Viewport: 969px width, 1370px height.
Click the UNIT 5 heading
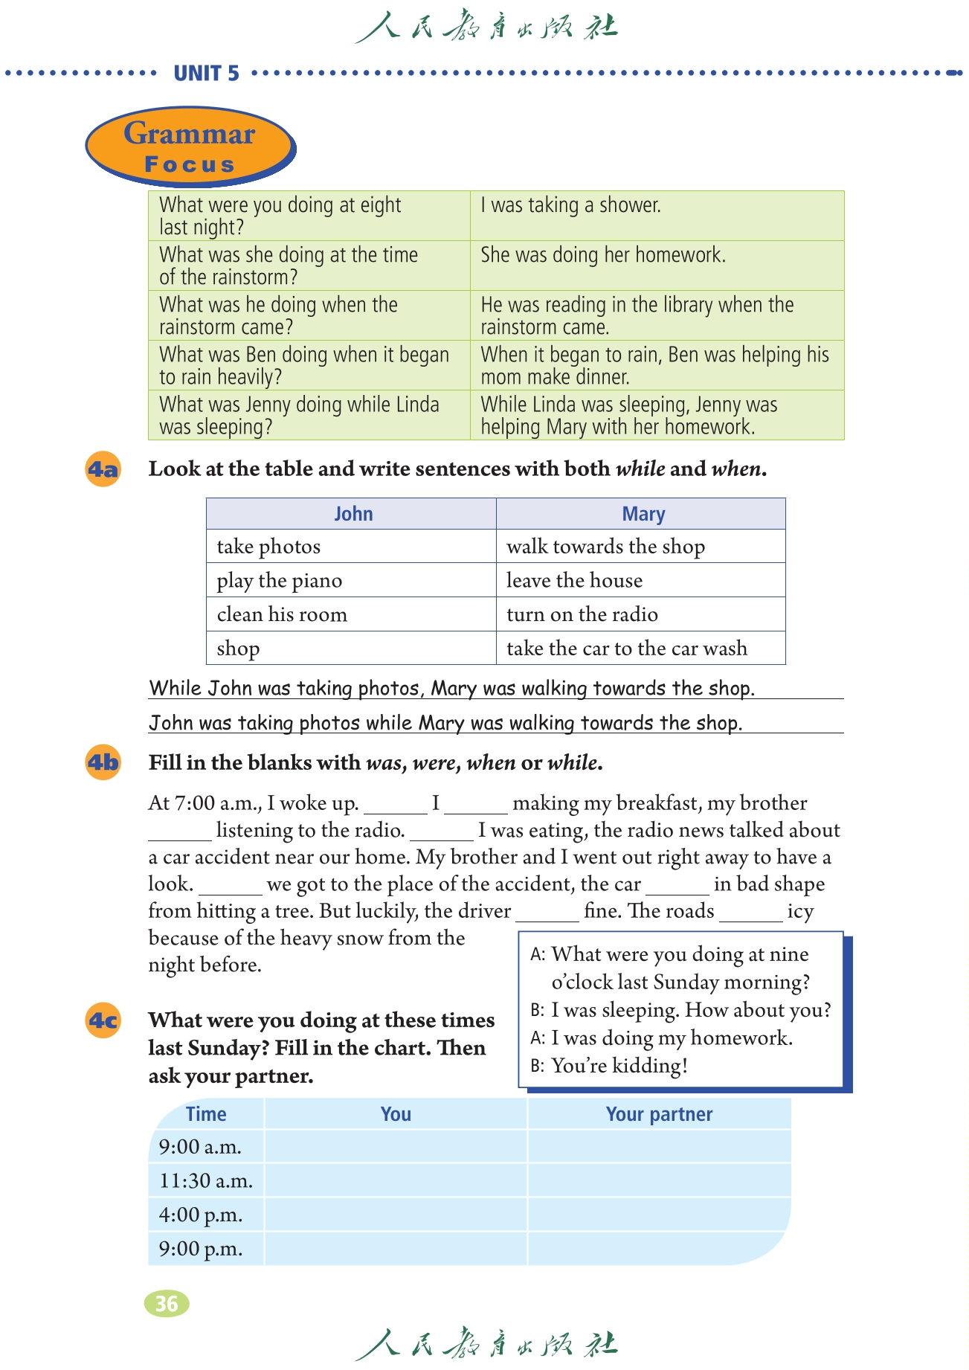(x=206, y=73)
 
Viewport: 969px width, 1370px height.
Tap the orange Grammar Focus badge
(x=190, y=146)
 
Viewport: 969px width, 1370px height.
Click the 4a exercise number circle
(x=103, y=469)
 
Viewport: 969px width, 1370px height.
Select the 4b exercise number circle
(x=103, y=762)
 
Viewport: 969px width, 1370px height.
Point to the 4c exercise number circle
(x=103, y=1020)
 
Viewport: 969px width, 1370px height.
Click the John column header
(x=352, y=514)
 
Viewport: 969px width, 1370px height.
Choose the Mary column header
(x=643, y=514)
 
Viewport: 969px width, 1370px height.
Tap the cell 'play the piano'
(x=280, y=580)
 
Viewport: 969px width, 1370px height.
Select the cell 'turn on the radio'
(x=582, y=614)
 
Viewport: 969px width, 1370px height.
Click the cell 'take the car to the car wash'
(x=627, y=648)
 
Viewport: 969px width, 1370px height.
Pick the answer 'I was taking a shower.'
(x=570, y=205)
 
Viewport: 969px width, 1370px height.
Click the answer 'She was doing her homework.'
(x=602, y=255)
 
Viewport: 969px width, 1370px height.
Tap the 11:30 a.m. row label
(x=206, y=1180)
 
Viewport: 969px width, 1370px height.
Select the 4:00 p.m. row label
(x=201, y=1215)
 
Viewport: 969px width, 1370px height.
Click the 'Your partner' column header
(x=659, y=1114)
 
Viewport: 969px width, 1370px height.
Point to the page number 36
(x=167, y=1303)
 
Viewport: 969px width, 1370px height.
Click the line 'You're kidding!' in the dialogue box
(x=619, y=1066)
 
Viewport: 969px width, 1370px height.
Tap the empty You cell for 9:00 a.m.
(x=396, y=1147)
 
